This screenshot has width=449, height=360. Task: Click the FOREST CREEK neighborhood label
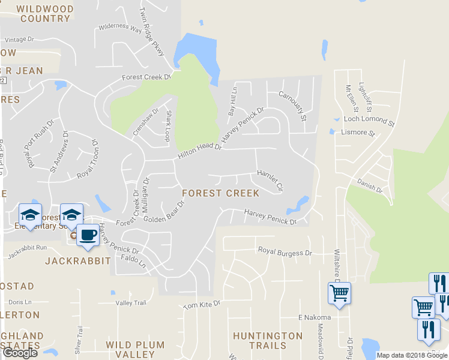(220, 193)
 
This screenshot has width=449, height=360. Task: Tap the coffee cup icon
(88, 235)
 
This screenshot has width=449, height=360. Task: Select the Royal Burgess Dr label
(285, 253)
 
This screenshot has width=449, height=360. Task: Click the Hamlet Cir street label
(270, 179)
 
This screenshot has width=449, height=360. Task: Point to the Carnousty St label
(293, 103)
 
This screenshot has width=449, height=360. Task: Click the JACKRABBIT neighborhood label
(78, 260)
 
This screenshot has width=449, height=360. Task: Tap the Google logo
(20, 352)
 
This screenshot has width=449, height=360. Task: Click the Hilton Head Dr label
(199, 149)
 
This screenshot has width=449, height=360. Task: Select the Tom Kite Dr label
(202, 305)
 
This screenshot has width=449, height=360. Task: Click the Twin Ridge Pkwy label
(151, 32)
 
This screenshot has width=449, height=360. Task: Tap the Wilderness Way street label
(120, 28)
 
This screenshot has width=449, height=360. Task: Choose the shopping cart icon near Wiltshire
(339, 294)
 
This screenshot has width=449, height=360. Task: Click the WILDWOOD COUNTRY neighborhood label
(45, 14)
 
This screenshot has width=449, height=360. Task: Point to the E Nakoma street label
(315, 317)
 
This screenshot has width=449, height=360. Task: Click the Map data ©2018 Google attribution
(412, 355)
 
